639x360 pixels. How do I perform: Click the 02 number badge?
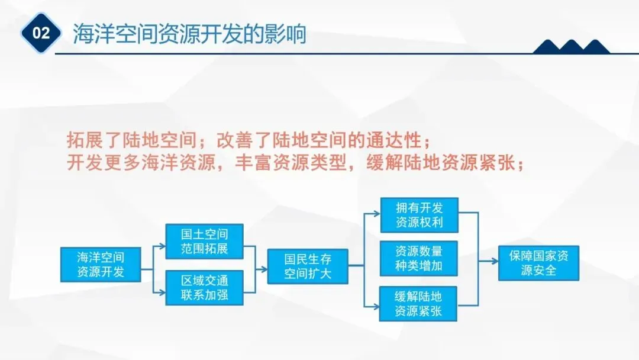pos(41,33)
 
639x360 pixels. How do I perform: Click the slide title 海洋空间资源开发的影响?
pos(189,34)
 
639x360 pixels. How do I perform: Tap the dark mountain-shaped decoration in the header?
pos(571,47)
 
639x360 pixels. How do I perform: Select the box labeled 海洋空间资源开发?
pos(101,264)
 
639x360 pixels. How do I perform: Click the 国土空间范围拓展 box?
pos(204,240)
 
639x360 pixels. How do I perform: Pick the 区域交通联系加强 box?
pos(204,287)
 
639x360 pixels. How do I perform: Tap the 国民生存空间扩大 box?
pos(308,266)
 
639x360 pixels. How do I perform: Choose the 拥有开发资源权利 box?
pos(419,215)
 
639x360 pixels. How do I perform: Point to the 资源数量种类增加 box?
pos(419,258)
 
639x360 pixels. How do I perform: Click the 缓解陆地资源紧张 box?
pos(419,303)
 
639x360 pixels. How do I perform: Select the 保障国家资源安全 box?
pos(538,263)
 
